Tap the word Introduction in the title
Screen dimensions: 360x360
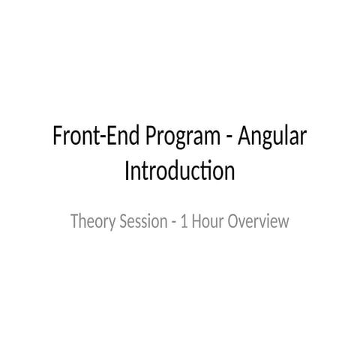point(179,172)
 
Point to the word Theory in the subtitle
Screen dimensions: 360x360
point(88,222)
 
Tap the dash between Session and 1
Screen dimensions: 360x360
point(169,223)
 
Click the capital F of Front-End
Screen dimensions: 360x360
point(56,139)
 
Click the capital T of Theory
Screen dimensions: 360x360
point(73,222)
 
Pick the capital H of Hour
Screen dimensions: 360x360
point(196,222)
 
